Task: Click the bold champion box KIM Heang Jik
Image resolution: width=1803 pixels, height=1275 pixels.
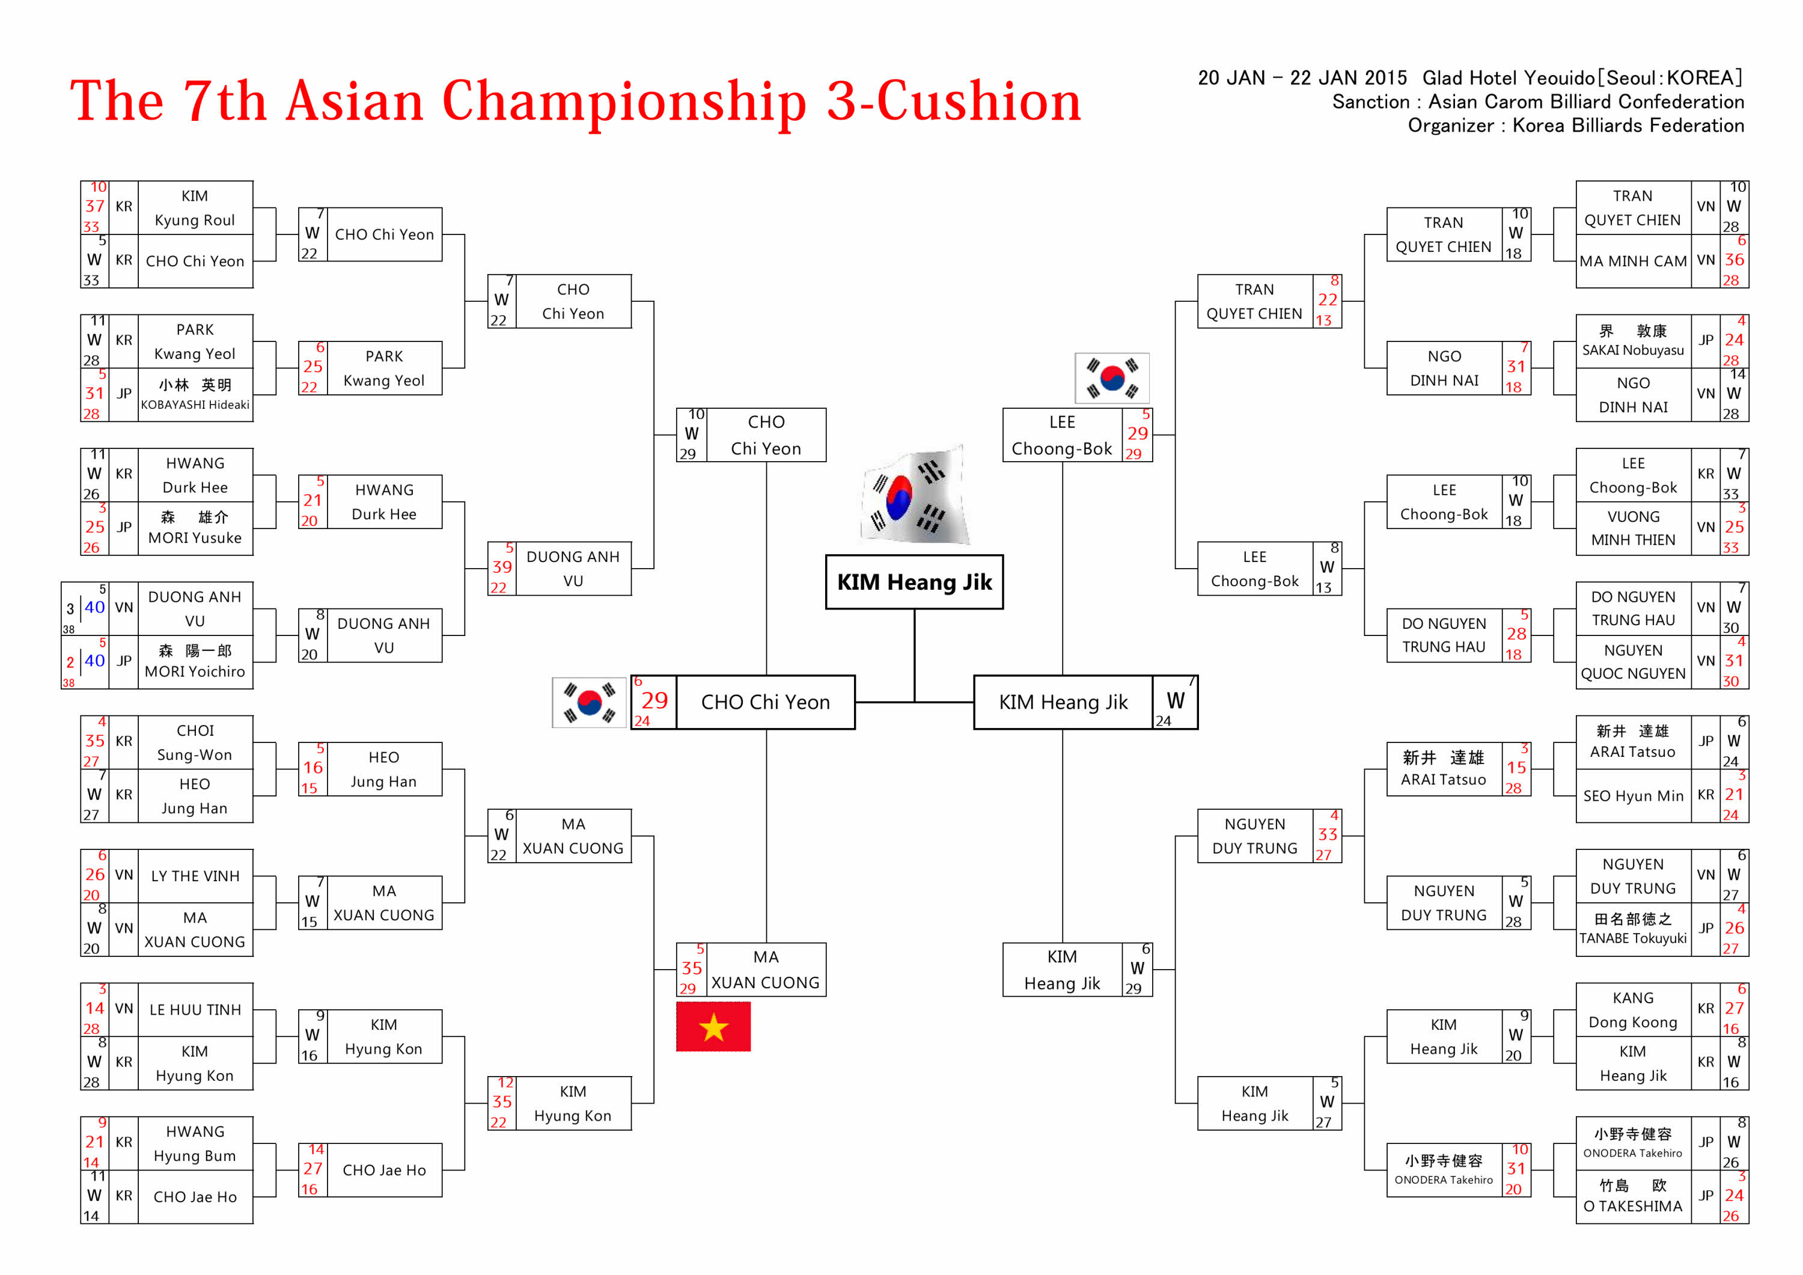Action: [914, 582]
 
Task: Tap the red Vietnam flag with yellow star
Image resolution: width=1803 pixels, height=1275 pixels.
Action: [713, 1026]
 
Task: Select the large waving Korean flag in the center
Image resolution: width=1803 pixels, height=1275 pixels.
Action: [916, 496]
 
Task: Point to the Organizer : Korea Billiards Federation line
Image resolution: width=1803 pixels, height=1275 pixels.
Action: [1575, 126]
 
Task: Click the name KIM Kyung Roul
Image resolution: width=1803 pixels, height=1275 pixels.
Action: [195, 207]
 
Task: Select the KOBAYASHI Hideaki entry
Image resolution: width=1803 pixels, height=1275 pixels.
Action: [195, 394]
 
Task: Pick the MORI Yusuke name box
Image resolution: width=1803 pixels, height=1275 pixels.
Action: [195, 528]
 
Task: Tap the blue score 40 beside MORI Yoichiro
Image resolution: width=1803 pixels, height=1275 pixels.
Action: [95, 661]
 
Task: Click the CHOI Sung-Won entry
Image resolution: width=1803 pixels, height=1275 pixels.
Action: [195, 742]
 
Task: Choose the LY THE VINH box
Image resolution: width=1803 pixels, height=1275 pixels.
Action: [195, 876]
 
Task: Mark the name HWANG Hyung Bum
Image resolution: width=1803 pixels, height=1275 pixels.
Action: [195, 1143]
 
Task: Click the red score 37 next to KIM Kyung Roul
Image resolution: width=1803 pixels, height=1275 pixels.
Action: [95, 206]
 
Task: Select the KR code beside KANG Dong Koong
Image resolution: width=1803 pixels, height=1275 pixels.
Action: [1705, 1009]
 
